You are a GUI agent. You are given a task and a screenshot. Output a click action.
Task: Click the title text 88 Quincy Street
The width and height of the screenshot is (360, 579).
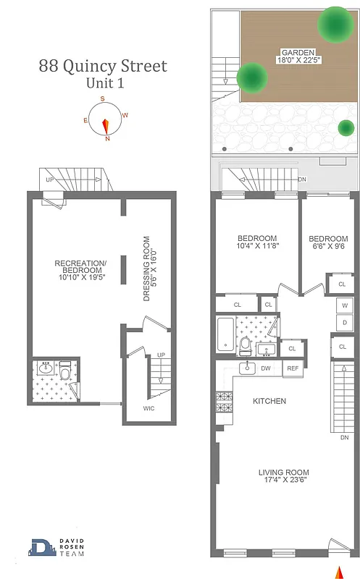[x=103, y=67]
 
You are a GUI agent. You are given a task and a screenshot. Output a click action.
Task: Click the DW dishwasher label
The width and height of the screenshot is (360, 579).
[x=266, y=368]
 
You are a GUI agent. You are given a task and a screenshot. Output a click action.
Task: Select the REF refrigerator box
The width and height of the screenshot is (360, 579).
[x=292, y=368]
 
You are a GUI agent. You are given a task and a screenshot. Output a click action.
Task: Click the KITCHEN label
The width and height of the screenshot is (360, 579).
[x=269, y=401]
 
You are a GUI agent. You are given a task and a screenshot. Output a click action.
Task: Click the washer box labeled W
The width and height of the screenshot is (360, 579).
[x=346, y=305]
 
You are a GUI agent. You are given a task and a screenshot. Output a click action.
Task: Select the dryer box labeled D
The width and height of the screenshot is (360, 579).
[x=346, y=321]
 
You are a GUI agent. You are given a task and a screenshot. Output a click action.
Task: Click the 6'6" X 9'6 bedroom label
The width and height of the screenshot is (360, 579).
[x=327, y=245]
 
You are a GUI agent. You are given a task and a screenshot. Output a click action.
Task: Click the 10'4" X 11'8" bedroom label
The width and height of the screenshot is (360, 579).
[x=257, y=244]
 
